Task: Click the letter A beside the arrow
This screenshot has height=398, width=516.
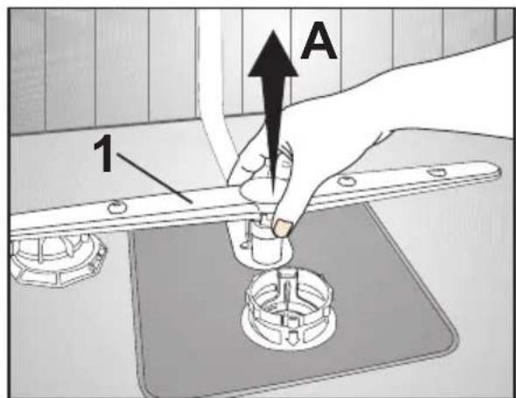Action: coord(318,41)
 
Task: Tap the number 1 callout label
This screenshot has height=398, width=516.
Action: coord(104,153)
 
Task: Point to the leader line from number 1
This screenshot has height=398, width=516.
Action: coord(154,178)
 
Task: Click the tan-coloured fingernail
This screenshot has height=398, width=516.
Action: coord(283,228)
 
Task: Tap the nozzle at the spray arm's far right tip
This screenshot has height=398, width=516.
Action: coord(436,171)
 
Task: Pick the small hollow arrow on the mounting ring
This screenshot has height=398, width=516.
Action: coord(289,337)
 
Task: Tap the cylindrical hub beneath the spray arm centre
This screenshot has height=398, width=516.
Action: coord(267,243)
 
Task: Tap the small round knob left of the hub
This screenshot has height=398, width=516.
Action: coord(244,244)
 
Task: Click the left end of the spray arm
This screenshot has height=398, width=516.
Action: coord(13,225)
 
